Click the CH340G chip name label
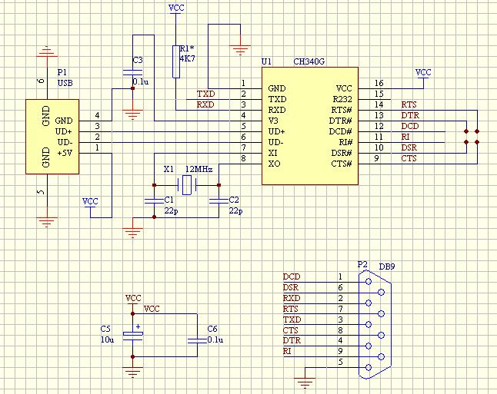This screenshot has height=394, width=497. point(309,61)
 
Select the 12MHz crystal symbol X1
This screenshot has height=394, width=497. point(185,184)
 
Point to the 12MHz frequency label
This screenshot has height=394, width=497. point(198,168)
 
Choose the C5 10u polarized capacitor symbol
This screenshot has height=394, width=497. point(133,333)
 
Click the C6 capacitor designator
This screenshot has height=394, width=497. point(213,329)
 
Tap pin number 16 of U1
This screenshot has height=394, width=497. point(379,83)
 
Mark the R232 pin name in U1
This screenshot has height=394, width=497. point(342,99)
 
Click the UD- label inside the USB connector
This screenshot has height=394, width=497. point(65,142)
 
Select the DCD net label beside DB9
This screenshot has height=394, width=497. point(291,276)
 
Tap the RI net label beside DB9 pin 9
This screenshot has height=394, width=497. point(287,350)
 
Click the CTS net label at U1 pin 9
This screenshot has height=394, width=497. point(409,158)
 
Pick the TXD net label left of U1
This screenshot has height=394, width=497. point(205,94)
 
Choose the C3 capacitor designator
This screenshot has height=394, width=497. point(137,60)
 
